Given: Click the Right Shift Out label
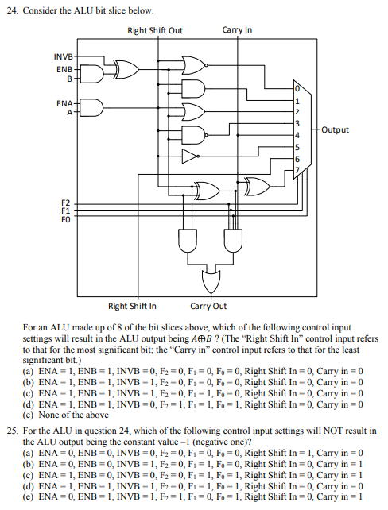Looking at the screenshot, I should pyautogui.click(x=155, y=30).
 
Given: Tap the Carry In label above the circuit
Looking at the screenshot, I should pyautogui.click(x=237, y=30).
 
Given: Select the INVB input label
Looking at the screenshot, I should pyautogui.click(x=62, y=57).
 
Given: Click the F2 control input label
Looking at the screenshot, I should pyautogui.click(x=67, y=204).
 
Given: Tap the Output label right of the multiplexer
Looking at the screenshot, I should pyautogui.click(x=335, y=129).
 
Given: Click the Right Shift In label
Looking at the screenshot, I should pyautogui.click(x=132, y=306).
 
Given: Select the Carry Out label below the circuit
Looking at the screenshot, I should pyautogui.click(x=208, y=306).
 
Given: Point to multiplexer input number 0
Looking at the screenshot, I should pyautogui.click(x=297, y=87).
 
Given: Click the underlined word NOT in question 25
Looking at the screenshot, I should pyautogui.click(x=333, y=430).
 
